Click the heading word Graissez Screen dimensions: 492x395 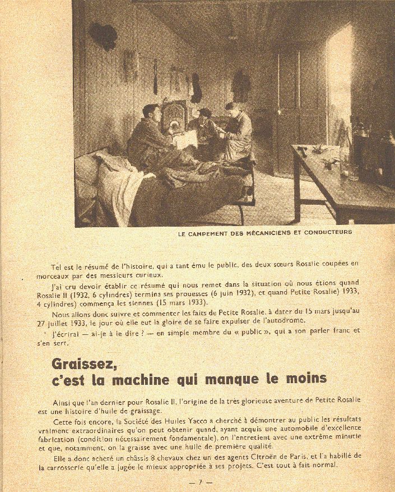pos(84,364)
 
